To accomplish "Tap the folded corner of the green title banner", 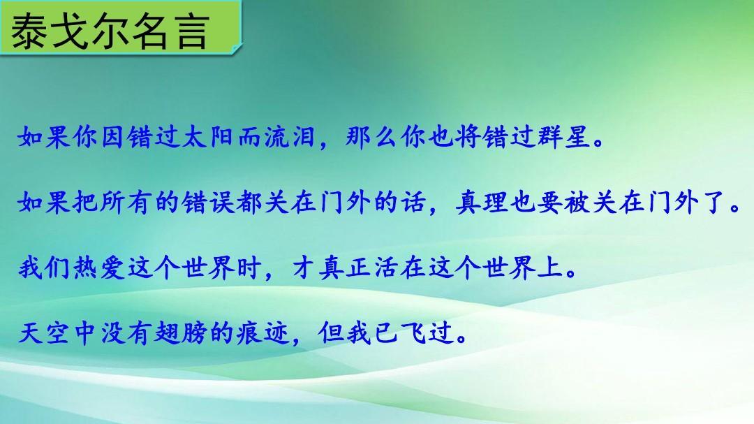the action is click(x=236, y=48).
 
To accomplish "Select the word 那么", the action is click(x=371, y=137).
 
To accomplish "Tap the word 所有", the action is click(x=126, y=202).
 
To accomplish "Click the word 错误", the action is click(x=209, y=202).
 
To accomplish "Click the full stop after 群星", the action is click(x=599, y=143).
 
